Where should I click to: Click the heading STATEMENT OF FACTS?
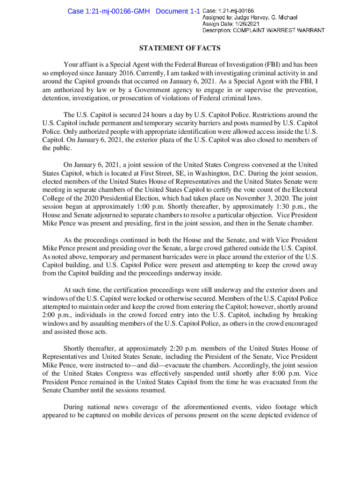point(180,48)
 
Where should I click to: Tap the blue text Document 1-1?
point(178,11)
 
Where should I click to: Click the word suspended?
point(202,374)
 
